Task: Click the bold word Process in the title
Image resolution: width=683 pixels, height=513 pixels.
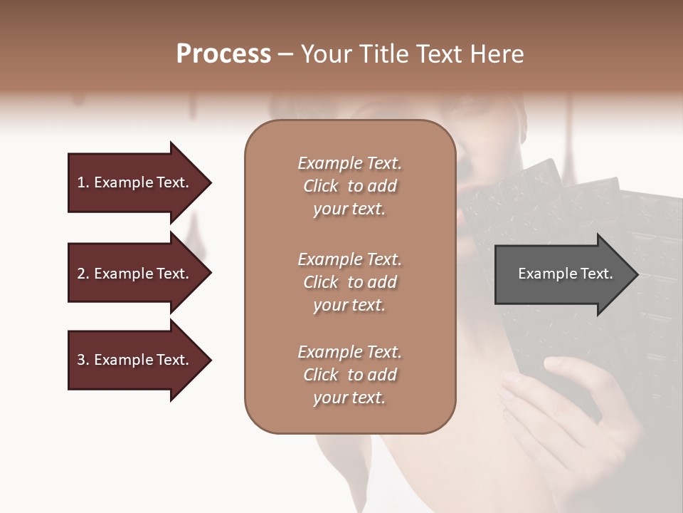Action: click(x=223, y=54)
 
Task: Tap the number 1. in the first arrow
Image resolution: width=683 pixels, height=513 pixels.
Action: click(x=83, y=182)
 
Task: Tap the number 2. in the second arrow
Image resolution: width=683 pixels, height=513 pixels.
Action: click(x=83, y=274)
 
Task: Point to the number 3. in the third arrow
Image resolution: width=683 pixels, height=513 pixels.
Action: click(x=83, y=360)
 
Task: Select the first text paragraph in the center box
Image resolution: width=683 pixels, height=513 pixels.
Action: click(x=349, y=186)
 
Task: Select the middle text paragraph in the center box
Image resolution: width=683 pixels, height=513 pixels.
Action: click(x=349, y=281)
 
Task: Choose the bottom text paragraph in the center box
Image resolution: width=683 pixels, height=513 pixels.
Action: click(x=349, y=374)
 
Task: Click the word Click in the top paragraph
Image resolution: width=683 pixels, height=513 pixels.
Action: click(x=321, y=186)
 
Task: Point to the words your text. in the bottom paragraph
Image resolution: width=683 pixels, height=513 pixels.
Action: click(x=349, y=398)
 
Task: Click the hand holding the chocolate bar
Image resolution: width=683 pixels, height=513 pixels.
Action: click(x=562, y=406)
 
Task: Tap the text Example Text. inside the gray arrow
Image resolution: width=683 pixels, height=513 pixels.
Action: click(x=566, y=274)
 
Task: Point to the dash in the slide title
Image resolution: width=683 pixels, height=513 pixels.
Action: click(x=285, y=54)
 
